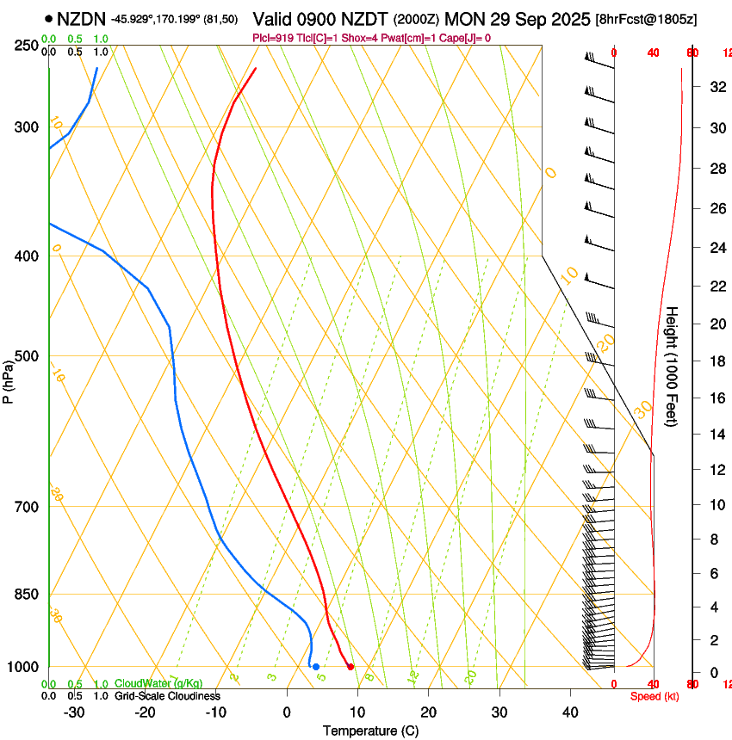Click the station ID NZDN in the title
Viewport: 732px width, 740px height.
[x=82, y=18]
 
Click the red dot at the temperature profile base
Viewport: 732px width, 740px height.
[x=350, y=667]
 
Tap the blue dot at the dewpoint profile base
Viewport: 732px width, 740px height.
[x=316, y=667]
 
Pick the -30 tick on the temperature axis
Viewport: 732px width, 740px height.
[x=74, y=712]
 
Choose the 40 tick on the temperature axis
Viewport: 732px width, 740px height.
[x=570, y=712]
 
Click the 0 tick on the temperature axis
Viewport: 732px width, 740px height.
[x=287, y=712]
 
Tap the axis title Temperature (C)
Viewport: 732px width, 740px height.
[x=370, y=731]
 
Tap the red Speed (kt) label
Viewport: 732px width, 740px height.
[x=654, y=696]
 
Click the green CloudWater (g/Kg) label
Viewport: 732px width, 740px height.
[x=159, y=683]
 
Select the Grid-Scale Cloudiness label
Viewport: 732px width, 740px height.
[x=167, y=695]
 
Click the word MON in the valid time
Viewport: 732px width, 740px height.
[x=465, y=18]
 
